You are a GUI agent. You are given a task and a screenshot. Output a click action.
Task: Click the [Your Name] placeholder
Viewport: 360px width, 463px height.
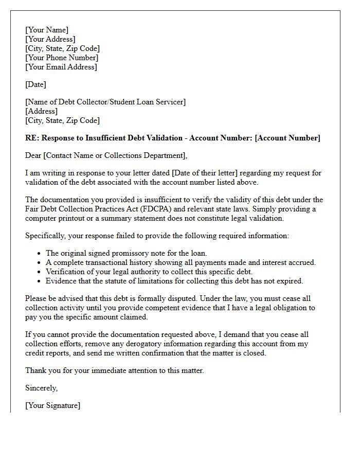[47, 30]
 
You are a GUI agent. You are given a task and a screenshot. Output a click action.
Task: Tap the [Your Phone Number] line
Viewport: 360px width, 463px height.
[62, 58]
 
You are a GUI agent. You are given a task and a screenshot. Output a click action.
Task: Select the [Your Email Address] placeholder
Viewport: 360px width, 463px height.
[61, 67]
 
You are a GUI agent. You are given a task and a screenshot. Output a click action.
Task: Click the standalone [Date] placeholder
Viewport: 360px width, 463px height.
[35, 84]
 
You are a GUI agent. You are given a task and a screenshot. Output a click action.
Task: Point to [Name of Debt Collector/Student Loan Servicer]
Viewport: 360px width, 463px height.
[105, 102]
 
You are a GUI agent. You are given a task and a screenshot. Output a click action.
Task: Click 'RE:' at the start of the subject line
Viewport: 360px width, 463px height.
[32, 138]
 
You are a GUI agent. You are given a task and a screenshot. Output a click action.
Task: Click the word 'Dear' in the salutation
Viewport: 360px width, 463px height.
[33, 155]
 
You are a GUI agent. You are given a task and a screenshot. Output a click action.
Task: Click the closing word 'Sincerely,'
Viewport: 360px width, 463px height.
[42, 388]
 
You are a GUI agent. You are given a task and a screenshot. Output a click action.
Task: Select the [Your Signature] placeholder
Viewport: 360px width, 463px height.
[53, 405]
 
